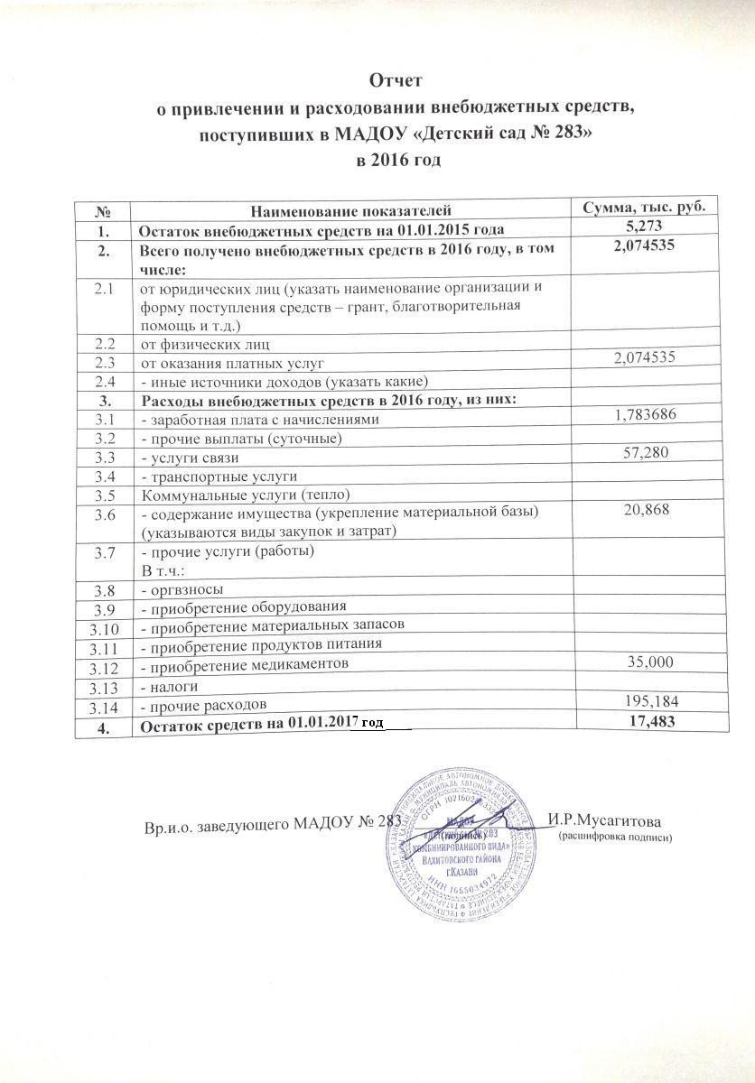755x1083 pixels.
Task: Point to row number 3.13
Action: [x=105, y=687]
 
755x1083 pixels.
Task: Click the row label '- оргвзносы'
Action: [x=181, y=589]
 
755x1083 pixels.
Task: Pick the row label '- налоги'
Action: [x=169, y=686]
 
